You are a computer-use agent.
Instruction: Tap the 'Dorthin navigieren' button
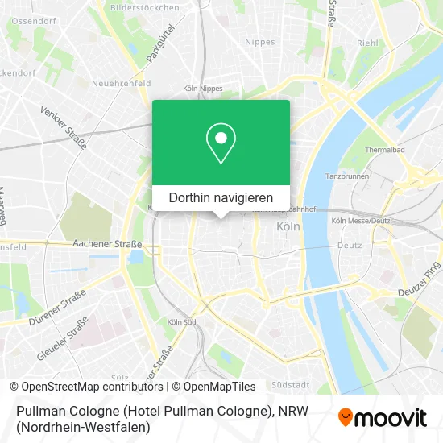point(221,197)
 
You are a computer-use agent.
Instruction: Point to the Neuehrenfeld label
point(121,83)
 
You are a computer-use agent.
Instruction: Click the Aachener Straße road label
point(108,242)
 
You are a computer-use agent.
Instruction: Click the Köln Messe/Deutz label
point(360,221)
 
